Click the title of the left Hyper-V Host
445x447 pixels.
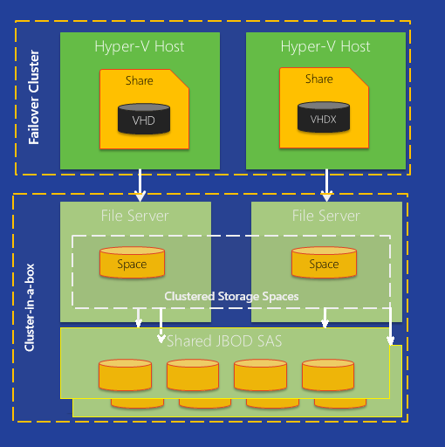pos(140,46)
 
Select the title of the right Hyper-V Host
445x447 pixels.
pos(325,46)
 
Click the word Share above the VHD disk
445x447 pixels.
pos(139,80)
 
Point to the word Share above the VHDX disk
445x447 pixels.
pos(318,79)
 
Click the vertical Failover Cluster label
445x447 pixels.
pos(34,98)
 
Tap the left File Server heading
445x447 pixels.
pos(134,215)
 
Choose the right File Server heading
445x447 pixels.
pos(325,215)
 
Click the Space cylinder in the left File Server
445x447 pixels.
pos(132,263)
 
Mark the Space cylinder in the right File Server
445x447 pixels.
pos(324,263)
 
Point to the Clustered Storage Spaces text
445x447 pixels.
pos(231,297)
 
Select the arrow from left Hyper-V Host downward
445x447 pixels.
pos(140,184)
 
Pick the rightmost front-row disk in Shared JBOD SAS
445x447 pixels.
pos(328,374)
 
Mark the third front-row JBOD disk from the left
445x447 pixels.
pos(259,374)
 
